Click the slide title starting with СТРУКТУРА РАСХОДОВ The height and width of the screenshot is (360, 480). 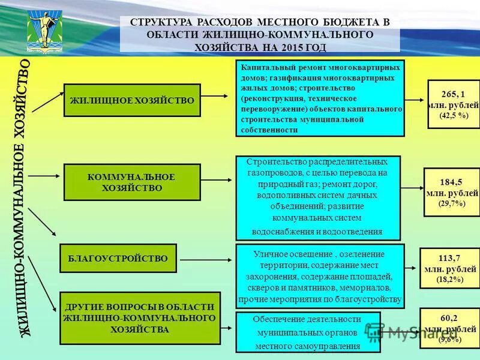pyautogui.click(x=259, y=34)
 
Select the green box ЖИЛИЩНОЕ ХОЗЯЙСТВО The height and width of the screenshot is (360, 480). pyautogui.click(x=132, y=100)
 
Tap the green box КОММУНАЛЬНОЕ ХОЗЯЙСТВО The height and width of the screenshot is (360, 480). pyautogui.click(x=132, y=182)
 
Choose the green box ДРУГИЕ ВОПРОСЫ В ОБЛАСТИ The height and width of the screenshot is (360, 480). pyautogui.click(x=140, y=318)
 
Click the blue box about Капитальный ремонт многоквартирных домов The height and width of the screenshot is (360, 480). pyautogui.click(x=320, y=98)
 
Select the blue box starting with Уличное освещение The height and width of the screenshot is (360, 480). pyautogui.click(x=320, y=276)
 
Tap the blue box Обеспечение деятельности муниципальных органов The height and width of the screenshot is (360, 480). pyautogui.click(x=308, y=332)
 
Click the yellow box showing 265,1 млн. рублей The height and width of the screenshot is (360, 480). pyautogui.click(x=454, y=104)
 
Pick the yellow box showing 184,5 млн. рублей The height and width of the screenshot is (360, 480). pyautogui.click(x=452, y=193)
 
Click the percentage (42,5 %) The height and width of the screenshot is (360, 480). pyautogui.click(x=454, y=115)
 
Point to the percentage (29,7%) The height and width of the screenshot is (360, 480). pyautogui.click(x=452, y=203)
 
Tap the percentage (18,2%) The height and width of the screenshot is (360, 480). pyautogui.click(x=450, y=280)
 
